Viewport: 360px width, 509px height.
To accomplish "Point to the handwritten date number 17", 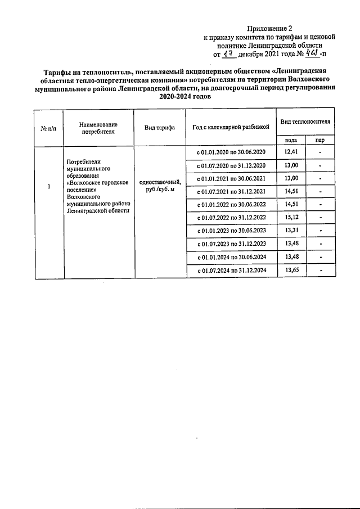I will tap(228, 55).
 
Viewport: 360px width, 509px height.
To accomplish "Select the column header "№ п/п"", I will tap(48, 128).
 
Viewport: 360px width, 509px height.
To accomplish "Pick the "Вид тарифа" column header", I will tap(159, 128).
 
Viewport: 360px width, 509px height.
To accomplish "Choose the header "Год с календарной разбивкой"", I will tap(231, 128).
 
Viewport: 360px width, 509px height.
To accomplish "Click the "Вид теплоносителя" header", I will tap(305, 122).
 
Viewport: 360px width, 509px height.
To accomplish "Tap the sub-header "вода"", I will tap(291, 140).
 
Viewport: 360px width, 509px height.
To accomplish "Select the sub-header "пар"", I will tap(319, 140).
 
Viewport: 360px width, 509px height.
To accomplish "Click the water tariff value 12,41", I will tap(291, 152).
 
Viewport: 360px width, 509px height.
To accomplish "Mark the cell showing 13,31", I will tap(291, 231).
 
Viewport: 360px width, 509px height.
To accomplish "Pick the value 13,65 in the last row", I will tap(291, 271).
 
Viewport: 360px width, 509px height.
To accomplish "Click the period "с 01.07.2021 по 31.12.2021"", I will tap(231, 192).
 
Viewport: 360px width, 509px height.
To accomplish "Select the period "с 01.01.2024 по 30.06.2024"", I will tap(231, 258).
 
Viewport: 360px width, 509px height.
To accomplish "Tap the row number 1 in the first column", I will tap(49, 187).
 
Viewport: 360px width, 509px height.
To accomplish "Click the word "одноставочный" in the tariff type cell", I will tap(159, 182).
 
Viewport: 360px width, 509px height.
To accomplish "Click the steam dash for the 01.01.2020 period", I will tap(319, 152).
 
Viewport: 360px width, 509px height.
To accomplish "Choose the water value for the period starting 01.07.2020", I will tap(291, 165).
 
